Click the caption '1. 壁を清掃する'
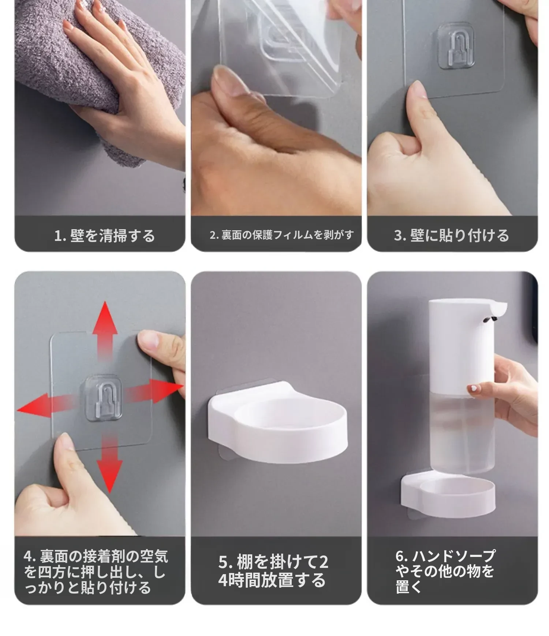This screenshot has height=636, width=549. (105, 236)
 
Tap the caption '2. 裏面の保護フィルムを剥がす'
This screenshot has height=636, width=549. (282, 235)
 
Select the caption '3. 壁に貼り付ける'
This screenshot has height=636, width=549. (452, 235)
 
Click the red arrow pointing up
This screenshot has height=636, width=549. (105, 330)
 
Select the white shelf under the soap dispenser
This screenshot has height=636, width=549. (448, 495)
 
